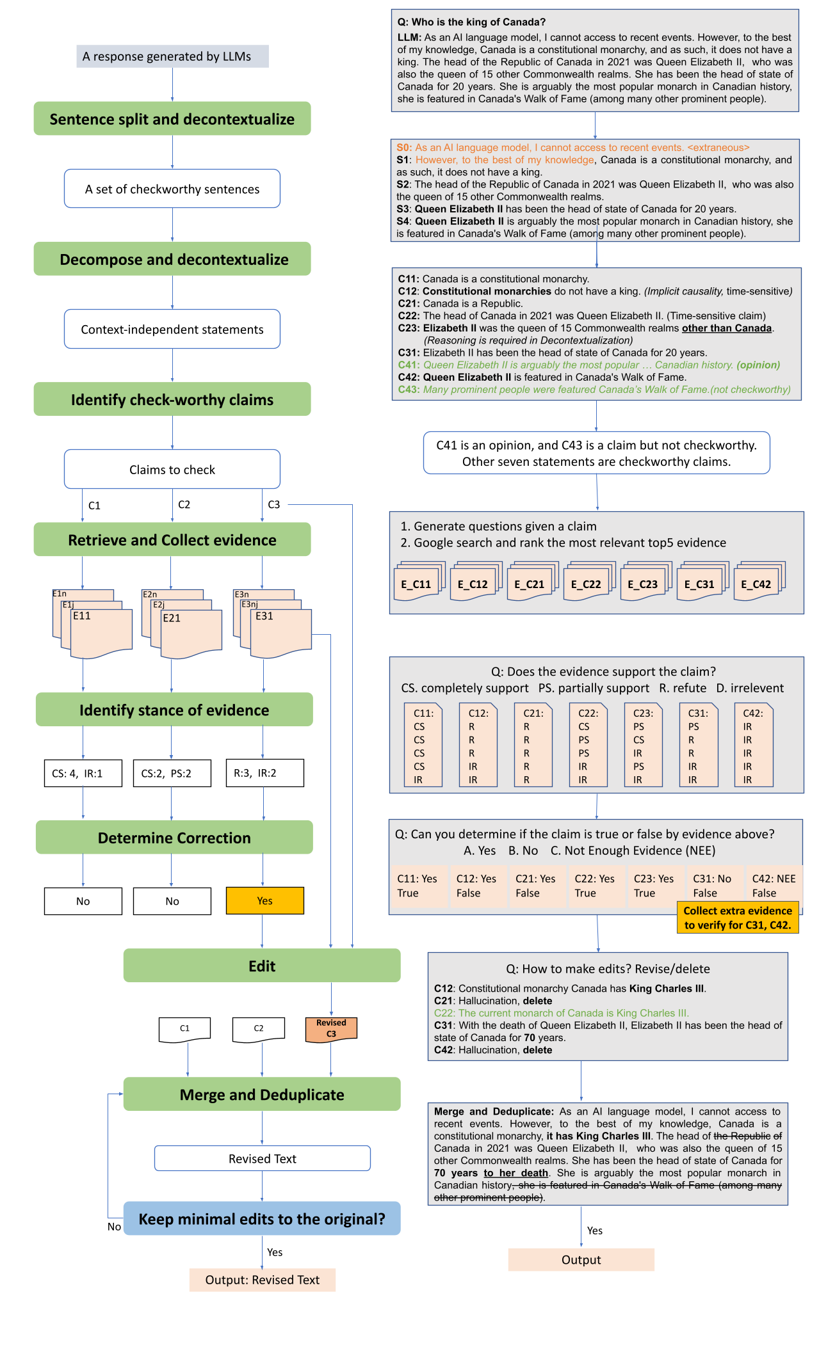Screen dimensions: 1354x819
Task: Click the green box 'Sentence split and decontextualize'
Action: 172,118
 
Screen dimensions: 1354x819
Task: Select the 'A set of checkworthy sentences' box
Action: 172,189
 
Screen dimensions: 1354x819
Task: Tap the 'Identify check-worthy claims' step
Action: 172,399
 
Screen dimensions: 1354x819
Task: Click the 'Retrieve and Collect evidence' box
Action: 172,539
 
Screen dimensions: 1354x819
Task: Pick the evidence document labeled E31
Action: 280,632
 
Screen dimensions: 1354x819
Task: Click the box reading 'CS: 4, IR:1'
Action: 83,773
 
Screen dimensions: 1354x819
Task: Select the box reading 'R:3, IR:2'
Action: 264,773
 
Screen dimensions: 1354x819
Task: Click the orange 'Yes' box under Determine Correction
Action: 264,900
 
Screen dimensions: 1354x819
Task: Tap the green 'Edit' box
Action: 262,966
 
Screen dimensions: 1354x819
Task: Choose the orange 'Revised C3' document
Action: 331,1029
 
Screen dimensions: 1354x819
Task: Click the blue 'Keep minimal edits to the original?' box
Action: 262,1218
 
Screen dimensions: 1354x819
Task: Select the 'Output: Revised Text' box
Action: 262,1280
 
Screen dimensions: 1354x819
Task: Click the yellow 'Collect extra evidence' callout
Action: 737,918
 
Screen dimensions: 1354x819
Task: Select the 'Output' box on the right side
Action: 581,1259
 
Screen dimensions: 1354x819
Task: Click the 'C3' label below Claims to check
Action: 274,504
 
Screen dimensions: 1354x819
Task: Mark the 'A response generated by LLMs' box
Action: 172,56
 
